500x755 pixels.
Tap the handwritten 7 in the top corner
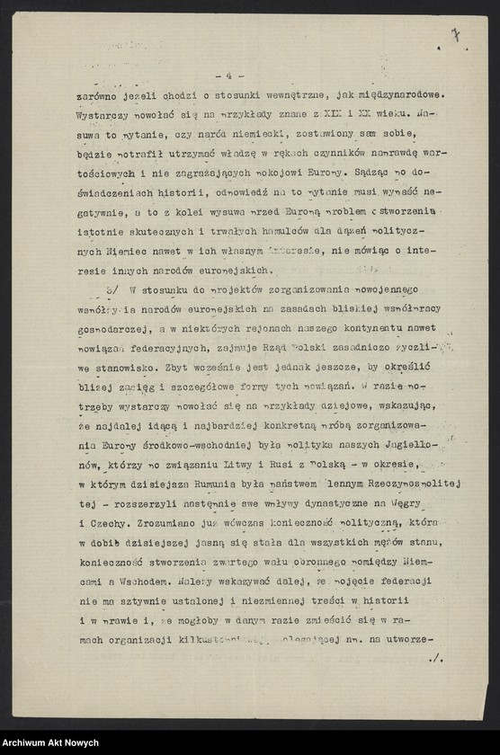click(456, 35)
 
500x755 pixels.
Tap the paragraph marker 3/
click(112, 289)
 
